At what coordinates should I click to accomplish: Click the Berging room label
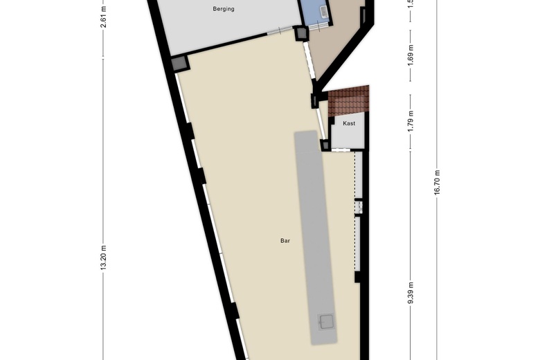[223, 9]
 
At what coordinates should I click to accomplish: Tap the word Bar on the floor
[285, 241]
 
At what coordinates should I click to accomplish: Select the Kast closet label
[349, 123]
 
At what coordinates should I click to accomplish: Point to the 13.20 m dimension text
[104, 260]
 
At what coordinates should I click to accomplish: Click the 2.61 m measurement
[104, 16]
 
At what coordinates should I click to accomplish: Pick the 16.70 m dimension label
[437, 183]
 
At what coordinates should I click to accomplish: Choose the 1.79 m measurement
[411, 121]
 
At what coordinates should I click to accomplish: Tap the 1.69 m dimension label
[411, 53]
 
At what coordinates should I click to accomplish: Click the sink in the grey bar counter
[325, 321]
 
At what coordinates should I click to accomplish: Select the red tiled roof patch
[349, 101]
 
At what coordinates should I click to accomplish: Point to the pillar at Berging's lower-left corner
[180, 62]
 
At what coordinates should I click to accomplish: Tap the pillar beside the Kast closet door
[325, 145]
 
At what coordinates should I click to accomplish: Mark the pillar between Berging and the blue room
[301, 32]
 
